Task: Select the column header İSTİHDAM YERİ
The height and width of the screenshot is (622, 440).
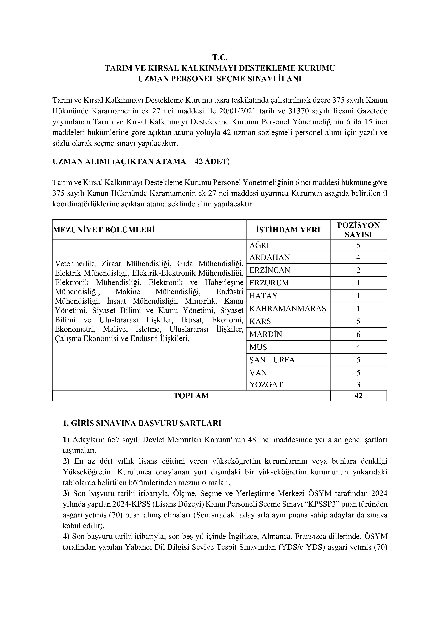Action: (288, 230)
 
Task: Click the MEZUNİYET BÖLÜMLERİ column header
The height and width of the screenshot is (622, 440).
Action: (104, 230)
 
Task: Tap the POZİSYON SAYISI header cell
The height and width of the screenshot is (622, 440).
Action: (358, 230)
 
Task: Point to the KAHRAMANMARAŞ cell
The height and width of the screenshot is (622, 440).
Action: (288, 309)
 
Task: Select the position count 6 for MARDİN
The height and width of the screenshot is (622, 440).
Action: (358, 334)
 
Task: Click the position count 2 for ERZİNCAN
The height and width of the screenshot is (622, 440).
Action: (358, 270)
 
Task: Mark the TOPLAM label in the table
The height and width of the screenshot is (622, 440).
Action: (191, 396)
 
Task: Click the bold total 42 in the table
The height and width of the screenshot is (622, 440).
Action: (358, 396)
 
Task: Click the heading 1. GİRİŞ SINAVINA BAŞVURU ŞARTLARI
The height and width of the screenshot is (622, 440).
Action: (142, 423)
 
